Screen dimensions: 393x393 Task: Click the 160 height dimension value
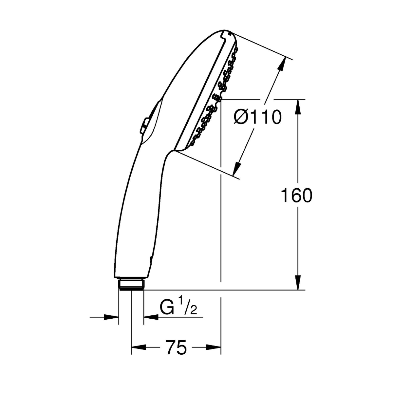pos(296,195)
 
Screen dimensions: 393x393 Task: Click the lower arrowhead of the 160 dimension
pos(298,282)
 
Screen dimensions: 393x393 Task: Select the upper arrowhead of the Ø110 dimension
pos(282,64)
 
